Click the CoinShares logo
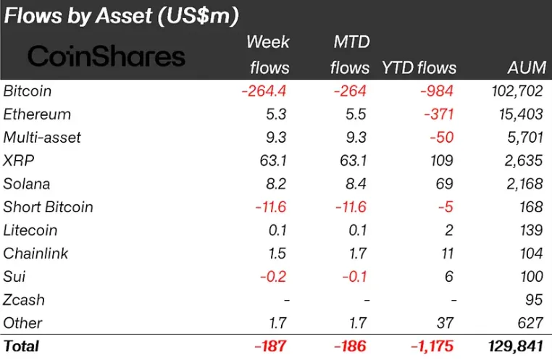(x=106, y=56)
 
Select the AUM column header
(x=524, y=68)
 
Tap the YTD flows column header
(x=419, y=68)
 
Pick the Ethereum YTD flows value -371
(x=439, y=114)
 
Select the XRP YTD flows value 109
(x=442, y=161)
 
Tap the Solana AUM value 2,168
(x=524, y=184)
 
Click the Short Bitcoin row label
(x=48, y=207)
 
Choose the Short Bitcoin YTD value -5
(x=446, y=207)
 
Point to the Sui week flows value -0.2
(x=276, y=277)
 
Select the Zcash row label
(x=24, y=300)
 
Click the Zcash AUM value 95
(x=534, y=300)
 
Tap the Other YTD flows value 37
(x=445, y=323)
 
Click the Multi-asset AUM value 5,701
(x=524, y=138)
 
